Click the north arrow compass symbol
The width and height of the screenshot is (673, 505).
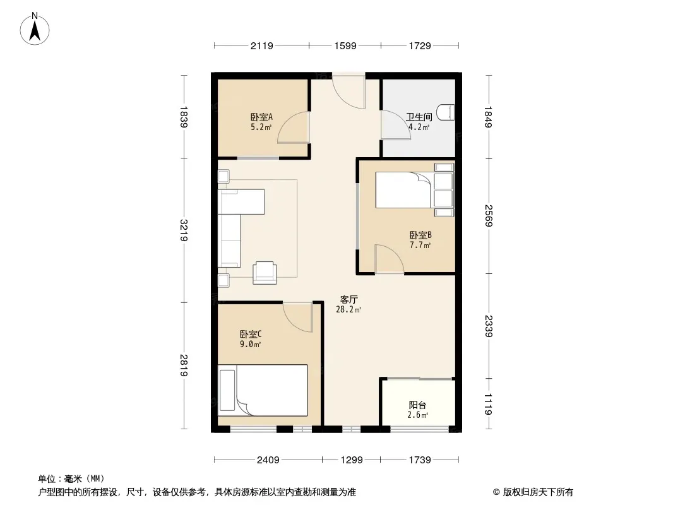pos(35,29)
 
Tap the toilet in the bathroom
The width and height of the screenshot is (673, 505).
pos(446,113)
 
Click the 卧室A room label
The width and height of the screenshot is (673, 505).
pos(261,117)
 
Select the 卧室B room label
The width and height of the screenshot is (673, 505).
pos(420,235)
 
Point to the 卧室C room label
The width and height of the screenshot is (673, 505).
pos(251,334)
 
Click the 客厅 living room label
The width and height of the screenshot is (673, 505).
pos(348,299)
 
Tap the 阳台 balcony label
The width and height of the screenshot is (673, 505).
pos(417,405)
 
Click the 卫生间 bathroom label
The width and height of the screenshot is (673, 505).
pos(419,117)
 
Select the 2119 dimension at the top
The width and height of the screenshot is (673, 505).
pos(262,45)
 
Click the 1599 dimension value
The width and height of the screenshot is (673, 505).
pos(345,45)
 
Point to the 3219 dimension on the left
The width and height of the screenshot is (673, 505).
pos(184,230)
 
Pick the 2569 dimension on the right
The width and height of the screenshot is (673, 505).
pos(489,215)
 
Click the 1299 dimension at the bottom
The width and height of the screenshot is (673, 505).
pos(352,460)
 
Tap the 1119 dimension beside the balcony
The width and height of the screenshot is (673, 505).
pos(489,404)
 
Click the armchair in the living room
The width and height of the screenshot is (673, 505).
pos(265,273)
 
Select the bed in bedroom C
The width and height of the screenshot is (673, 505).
pos(263,391)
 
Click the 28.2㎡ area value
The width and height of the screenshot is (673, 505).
pos(348,310)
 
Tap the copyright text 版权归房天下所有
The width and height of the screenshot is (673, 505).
pos(538,492)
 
